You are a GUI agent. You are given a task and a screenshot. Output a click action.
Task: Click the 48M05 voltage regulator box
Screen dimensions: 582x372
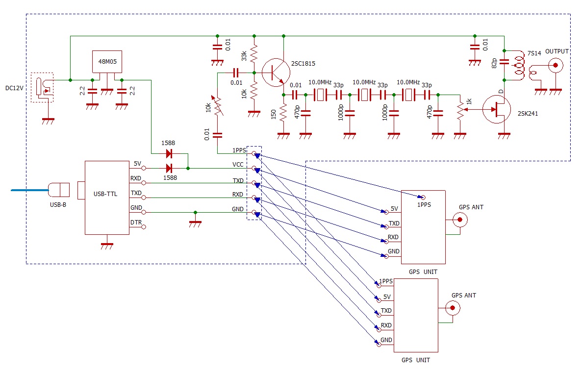[x=107, y=62]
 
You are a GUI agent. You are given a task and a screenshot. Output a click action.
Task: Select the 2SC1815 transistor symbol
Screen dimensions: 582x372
[x=276, y=73]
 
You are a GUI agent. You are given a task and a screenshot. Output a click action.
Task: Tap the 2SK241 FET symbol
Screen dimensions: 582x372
[x=496, y=109]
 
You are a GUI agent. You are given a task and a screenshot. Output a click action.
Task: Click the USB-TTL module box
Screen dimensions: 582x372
[x=107, y=198]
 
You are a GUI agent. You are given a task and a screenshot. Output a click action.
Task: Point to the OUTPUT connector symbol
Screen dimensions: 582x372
[x=556, y=66]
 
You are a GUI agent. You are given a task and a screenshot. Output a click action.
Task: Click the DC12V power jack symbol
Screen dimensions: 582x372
[x=42, y=88]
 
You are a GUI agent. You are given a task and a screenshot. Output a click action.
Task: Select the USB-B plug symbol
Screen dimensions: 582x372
[x=59, y=190]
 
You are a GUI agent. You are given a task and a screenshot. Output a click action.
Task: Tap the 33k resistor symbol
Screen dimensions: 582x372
[x=254, y=54]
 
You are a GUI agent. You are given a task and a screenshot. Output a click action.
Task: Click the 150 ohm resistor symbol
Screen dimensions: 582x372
[x=283, y=113]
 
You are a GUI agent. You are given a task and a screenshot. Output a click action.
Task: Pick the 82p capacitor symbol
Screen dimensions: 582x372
[x=504, y=62]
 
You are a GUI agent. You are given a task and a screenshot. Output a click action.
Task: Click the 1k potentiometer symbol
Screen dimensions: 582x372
[x=460, y=110]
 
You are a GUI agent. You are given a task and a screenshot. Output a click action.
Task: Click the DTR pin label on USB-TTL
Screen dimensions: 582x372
[x=136, y=223]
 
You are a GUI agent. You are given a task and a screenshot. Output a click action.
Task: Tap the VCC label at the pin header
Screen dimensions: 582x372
[x=238, y=165]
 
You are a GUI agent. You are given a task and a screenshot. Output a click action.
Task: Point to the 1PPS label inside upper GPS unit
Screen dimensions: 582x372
[x=424, y=205]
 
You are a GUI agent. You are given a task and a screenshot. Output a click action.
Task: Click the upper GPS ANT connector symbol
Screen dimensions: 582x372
[x=460, y=220]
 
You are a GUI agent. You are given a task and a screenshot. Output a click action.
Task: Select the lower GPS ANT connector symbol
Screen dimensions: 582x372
[x=453, y=308]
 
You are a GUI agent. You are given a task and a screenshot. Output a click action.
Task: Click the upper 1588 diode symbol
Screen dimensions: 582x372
[x=169, y=153]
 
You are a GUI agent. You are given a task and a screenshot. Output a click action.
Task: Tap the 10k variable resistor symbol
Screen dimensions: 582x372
[x=217, y=106]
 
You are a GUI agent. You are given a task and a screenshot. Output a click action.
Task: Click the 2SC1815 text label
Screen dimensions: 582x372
[x=303, y=63]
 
